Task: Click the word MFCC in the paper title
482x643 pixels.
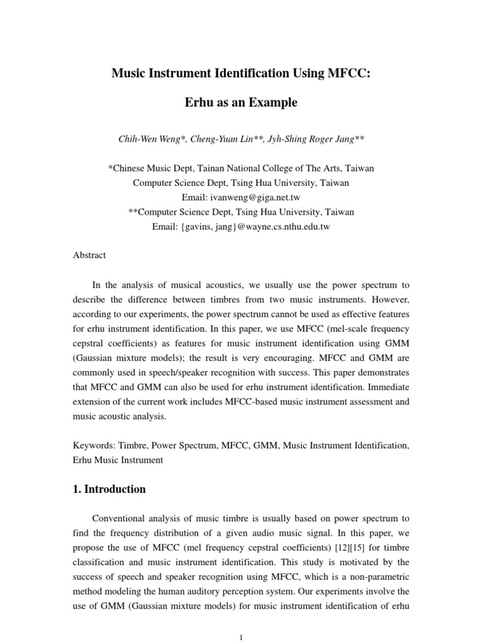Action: click(345, 74)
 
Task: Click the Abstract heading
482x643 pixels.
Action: click(90, 256)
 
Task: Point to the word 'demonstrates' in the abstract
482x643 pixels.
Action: click(382, 387)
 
